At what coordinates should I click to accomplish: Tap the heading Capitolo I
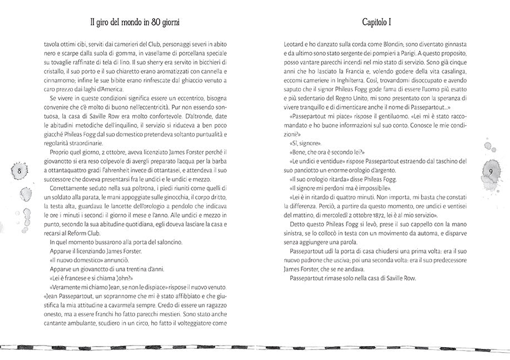pyautogui.click(x=374, y=23)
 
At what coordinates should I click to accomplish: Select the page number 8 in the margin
pyautogui.click(x=20, y=170)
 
